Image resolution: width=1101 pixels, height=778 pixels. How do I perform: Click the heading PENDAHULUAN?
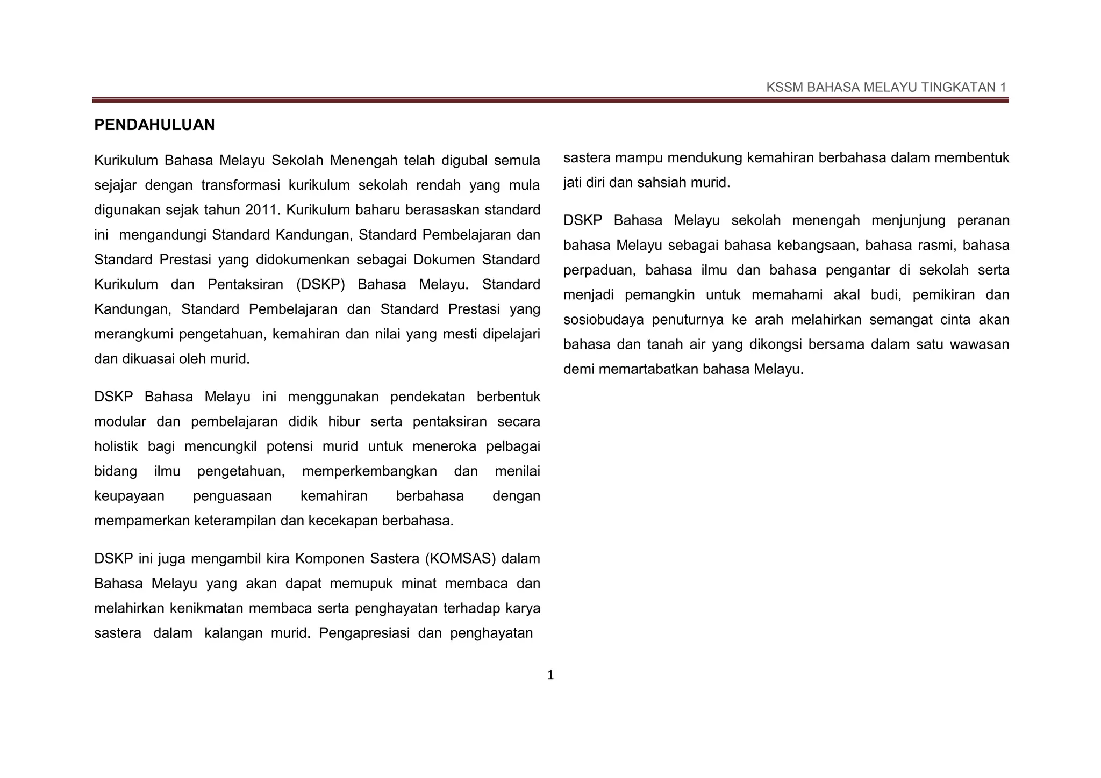tap(154, 125)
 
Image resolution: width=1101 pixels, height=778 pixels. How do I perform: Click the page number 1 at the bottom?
tap(550, 675)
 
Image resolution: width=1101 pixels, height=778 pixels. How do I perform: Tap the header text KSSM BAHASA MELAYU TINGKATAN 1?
tap(885, 88)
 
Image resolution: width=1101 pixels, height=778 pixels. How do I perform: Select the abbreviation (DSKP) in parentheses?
tap(320, 285)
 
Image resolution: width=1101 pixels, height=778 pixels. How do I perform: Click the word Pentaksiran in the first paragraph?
tap(245, 285)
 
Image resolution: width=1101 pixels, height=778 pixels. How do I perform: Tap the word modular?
tap(120, 422)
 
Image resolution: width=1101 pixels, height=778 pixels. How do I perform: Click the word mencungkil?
tap(220, 446)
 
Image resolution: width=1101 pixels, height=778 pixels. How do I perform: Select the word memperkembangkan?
tap(369, 471)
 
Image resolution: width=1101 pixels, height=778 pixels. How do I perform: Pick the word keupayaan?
tap(129, 496)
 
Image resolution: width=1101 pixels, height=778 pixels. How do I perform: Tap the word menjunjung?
tap(909, 221)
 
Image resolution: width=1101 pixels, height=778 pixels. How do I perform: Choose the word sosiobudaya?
tap(603, 320)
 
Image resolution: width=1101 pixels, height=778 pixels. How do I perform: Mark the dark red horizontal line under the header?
tap(550, 100)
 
